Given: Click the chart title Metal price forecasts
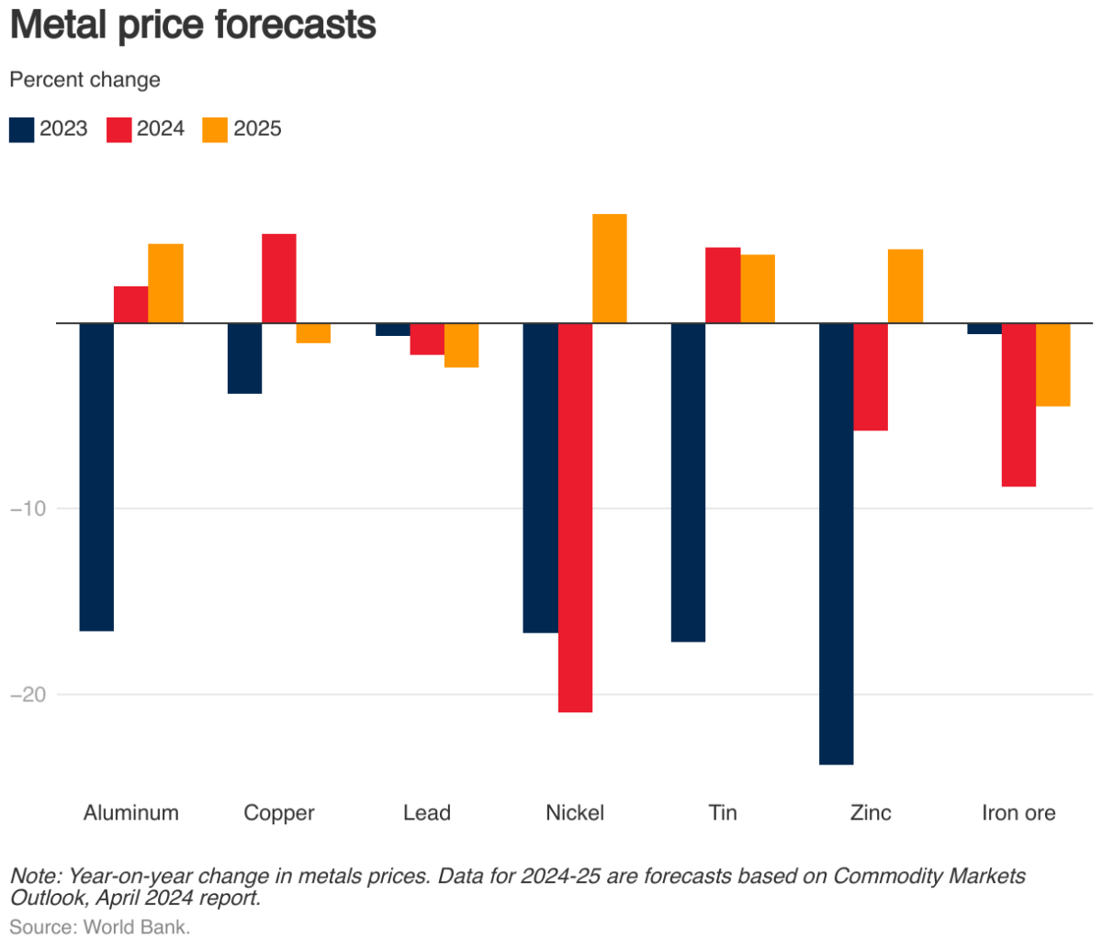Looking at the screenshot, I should coord(193,25).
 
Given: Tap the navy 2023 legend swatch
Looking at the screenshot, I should coord(21,129).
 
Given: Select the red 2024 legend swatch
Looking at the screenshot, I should coord(119,129).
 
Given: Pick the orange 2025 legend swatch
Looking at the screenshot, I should coord(215,129).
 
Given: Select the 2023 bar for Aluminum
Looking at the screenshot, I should coord(96,477).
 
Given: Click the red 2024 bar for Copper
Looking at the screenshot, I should coord(279,278).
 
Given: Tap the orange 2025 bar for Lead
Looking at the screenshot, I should coord(461,345).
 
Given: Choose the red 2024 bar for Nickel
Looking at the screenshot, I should coord(575,518).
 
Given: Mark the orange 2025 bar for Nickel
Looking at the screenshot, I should coord(610,268).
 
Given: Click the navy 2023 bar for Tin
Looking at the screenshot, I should coord(688,482).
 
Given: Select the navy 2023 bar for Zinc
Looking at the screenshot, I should coord(836,543).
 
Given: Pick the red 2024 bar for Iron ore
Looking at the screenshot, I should coord(1018,405).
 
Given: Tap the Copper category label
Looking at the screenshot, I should coord(279,813).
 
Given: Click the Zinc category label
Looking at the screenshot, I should coord(871,813).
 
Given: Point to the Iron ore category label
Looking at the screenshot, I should coord(1018,813).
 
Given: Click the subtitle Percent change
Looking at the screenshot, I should coord(84,80).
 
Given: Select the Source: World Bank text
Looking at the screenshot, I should coord(99,927).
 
